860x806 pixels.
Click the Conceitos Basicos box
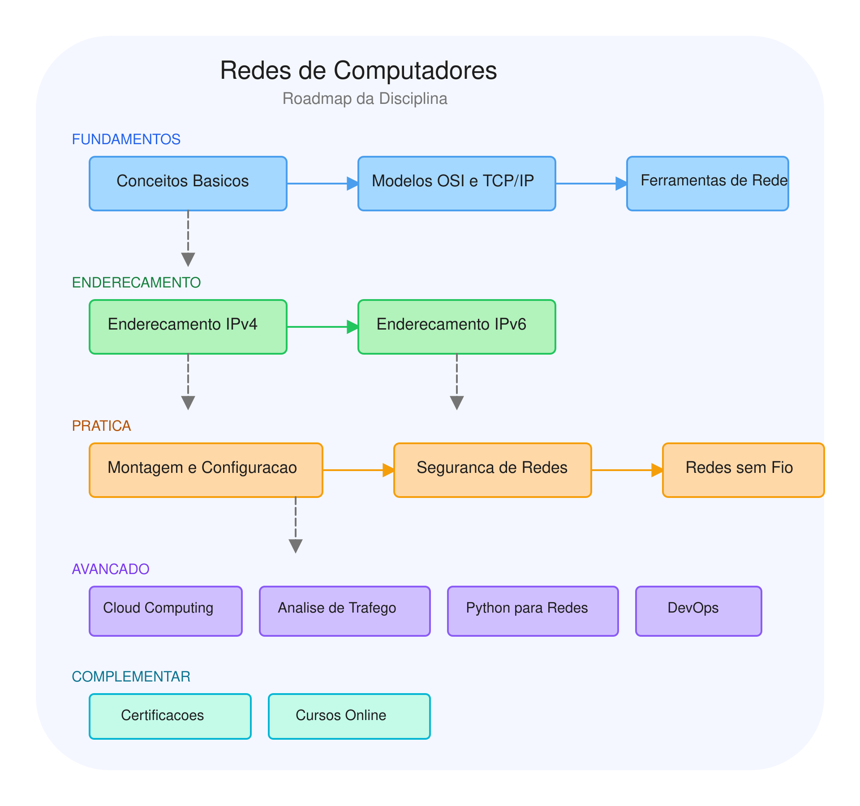(x=188, y=184)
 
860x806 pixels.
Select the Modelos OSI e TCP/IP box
(x=457, y=184)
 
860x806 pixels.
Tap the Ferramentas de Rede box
(x=708, y=184)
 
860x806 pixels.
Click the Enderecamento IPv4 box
(x=188, y=327)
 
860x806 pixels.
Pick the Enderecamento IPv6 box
(x=457, y=327)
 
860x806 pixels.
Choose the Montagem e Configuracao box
(x=206, y=470)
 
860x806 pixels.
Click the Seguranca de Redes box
(x=493, y=470)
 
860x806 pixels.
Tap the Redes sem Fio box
(x=744, y=470)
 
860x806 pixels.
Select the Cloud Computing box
(x=166, y=611)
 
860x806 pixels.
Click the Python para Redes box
(x=533, y=611)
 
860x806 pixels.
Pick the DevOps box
(x=699, y=611)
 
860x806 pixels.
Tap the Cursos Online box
(x=349, y=716)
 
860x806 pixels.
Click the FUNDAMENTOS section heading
(x=126, y=139)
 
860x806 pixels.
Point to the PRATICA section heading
(x=102, y=426)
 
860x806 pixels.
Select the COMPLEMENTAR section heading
(x=131, y=677)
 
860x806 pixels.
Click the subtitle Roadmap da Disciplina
(x=365, y=99)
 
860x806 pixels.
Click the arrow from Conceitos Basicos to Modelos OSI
(x=322, y=184)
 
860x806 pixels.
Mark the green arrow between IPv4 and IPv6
(x=322, y=327)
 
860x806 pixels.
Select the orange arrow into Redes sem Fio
(x=627, y=470)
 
